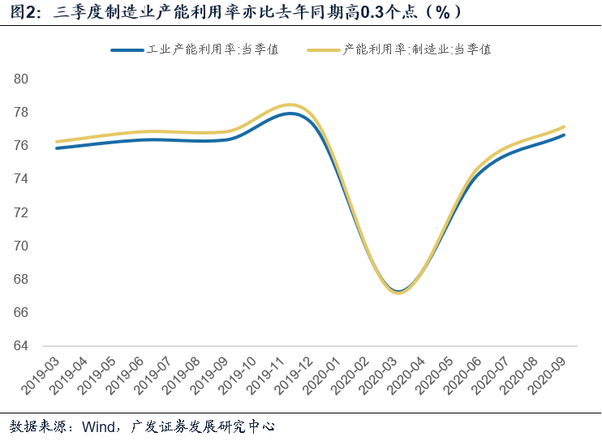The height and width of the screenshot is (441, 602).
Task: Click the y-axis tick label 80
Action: tap(21, 79)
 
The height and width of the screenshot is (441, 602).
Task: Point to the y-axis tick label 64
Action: tap(21, 345)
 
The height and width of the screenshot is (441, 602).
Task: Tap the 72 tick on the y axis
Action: tap(21, 212)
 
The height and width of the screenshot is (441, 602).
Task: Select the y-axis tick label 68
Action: tap(21, 279)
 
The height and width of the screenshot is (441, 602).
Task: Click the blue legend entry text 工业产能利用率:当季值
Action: tap(213, 49)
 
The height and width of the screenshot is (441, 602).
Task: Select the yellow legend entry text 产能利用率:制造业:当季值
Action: tap(417, 49)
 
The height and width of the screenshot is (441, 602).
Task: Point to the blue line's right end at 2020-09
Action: tap(564, 135)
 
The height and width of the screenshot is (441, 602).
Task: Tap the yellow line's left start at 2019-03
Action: tap(57, 142)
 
